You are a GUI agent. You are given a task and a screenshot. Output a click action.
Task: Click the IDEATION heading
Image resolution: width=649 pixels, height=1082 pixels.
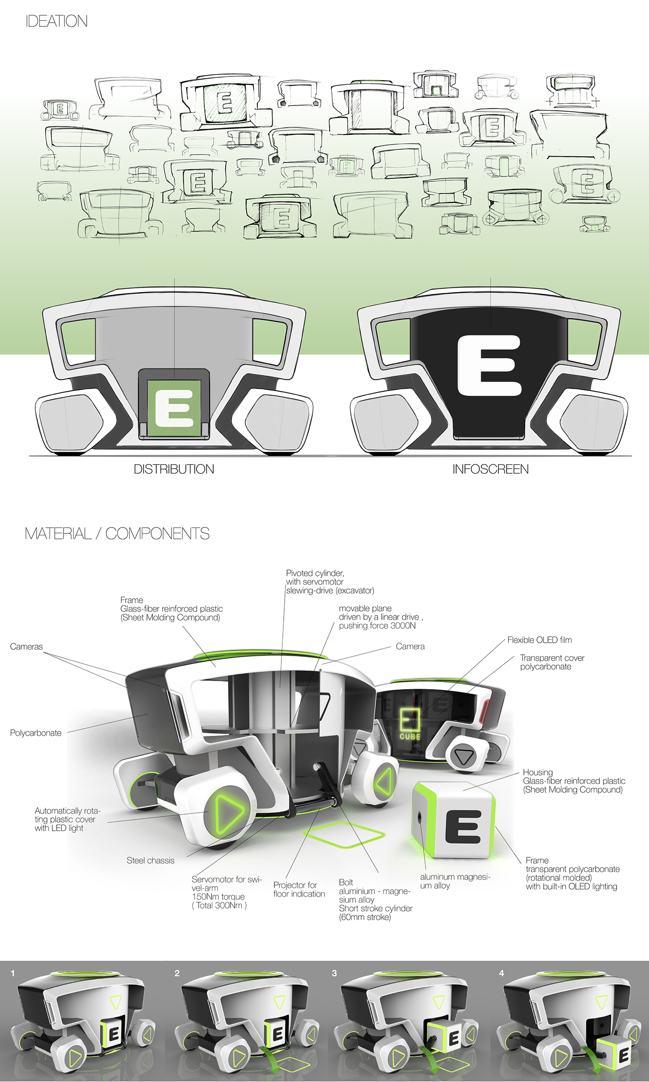pyautogui.click(x=57, y=21)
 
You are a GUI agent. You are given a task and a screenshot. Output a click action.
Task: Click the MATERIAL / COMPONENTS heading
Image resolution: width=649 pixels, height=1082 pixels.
pyautogui.click(x=117, y=534)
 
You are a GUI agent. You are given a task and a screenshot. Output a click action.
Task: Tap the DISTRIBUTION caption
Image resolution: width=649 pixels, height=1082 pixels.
pyautogui.click(x=174, y=469)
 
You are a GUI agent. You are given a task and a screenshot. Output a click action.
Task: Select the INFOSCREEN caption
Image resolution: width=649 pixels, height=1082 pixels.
pyautogui.click(x=490, y=469)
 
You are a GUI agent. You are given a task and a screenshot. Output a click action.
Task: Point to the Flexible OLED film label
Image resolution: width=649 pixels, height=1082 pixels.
pyautogui.click(x=539, y=640)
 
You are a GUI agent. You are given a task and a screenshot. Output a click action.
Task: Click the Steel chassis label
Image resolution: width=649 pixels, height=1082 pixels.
pyautogui.click(x=150, y=861)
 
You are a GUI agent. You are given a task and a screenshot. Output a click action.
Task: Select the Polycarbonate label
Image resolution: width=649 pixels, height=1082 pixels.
pyautogui.click(x=36, y=733)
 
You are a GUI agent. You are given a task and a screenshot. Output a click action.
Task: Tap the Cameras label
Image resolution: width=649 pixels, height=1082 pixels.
pyautogui.click(x=26, y=646)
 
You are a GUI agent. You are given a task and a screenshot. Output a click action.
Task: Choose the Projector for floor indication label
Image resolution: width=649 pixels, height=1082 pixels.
pyautogui.click(x=299, y=889)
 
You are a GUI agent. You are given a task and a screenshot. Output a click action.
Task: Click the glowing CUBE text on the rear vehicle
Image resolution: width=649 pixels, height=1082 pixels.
pyautogui.click(x=410, y=736)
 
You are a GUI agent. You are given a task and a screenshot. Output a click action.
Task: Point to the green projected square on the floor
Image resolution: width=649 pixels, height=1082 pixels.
pyautogui.click(x=344, y=834)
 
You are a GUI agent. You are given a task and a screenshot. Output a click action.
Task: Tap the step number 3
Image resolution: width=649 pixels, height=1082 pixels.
pyautogui.click(x=334, y=973)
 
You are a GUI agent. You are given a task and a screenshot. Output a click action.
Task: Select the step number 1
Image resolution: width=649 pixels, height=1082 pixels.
pyautogui.click(x=13, y=973)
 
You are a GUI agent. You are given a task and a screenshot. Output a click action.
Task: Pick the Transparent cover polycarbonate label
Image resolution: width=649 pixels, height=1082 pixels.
pyautogui.click(x=552, y=662)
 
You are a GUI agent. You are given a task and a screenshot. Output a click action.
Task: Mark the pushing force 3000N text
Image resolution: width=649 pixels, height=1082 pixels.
pyautogui.click(x=377, y=626)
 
